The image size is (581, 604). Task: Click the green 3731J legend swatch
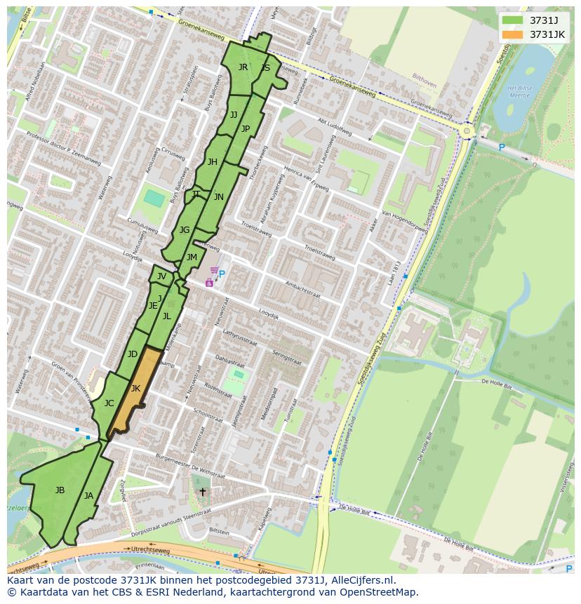(x=513, y=20)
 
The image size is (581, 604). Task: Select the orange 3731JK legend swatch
(x=513, y=34)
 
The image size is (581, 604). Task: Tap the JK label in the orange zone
(x=135, y=388)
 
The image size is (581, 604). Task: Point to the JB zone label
(x=60, y=490)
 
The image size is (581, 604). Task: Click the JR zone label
(x=243, y=67)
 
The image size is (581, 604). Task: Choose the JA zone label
(x=88, y=495)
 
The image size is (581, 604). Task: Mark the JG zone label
(x=185, y=229)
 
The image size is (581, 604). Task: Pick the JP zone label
(x=246, y=128)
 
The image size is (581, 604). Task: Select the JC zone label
(x=109, y=403)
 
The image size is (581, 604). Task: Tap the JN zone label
(x=219, y=197)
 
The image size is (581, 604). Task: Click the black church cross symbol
(x=203, y=492)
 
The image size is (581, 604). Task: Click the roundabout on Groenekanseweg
(x=467, y=130)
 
